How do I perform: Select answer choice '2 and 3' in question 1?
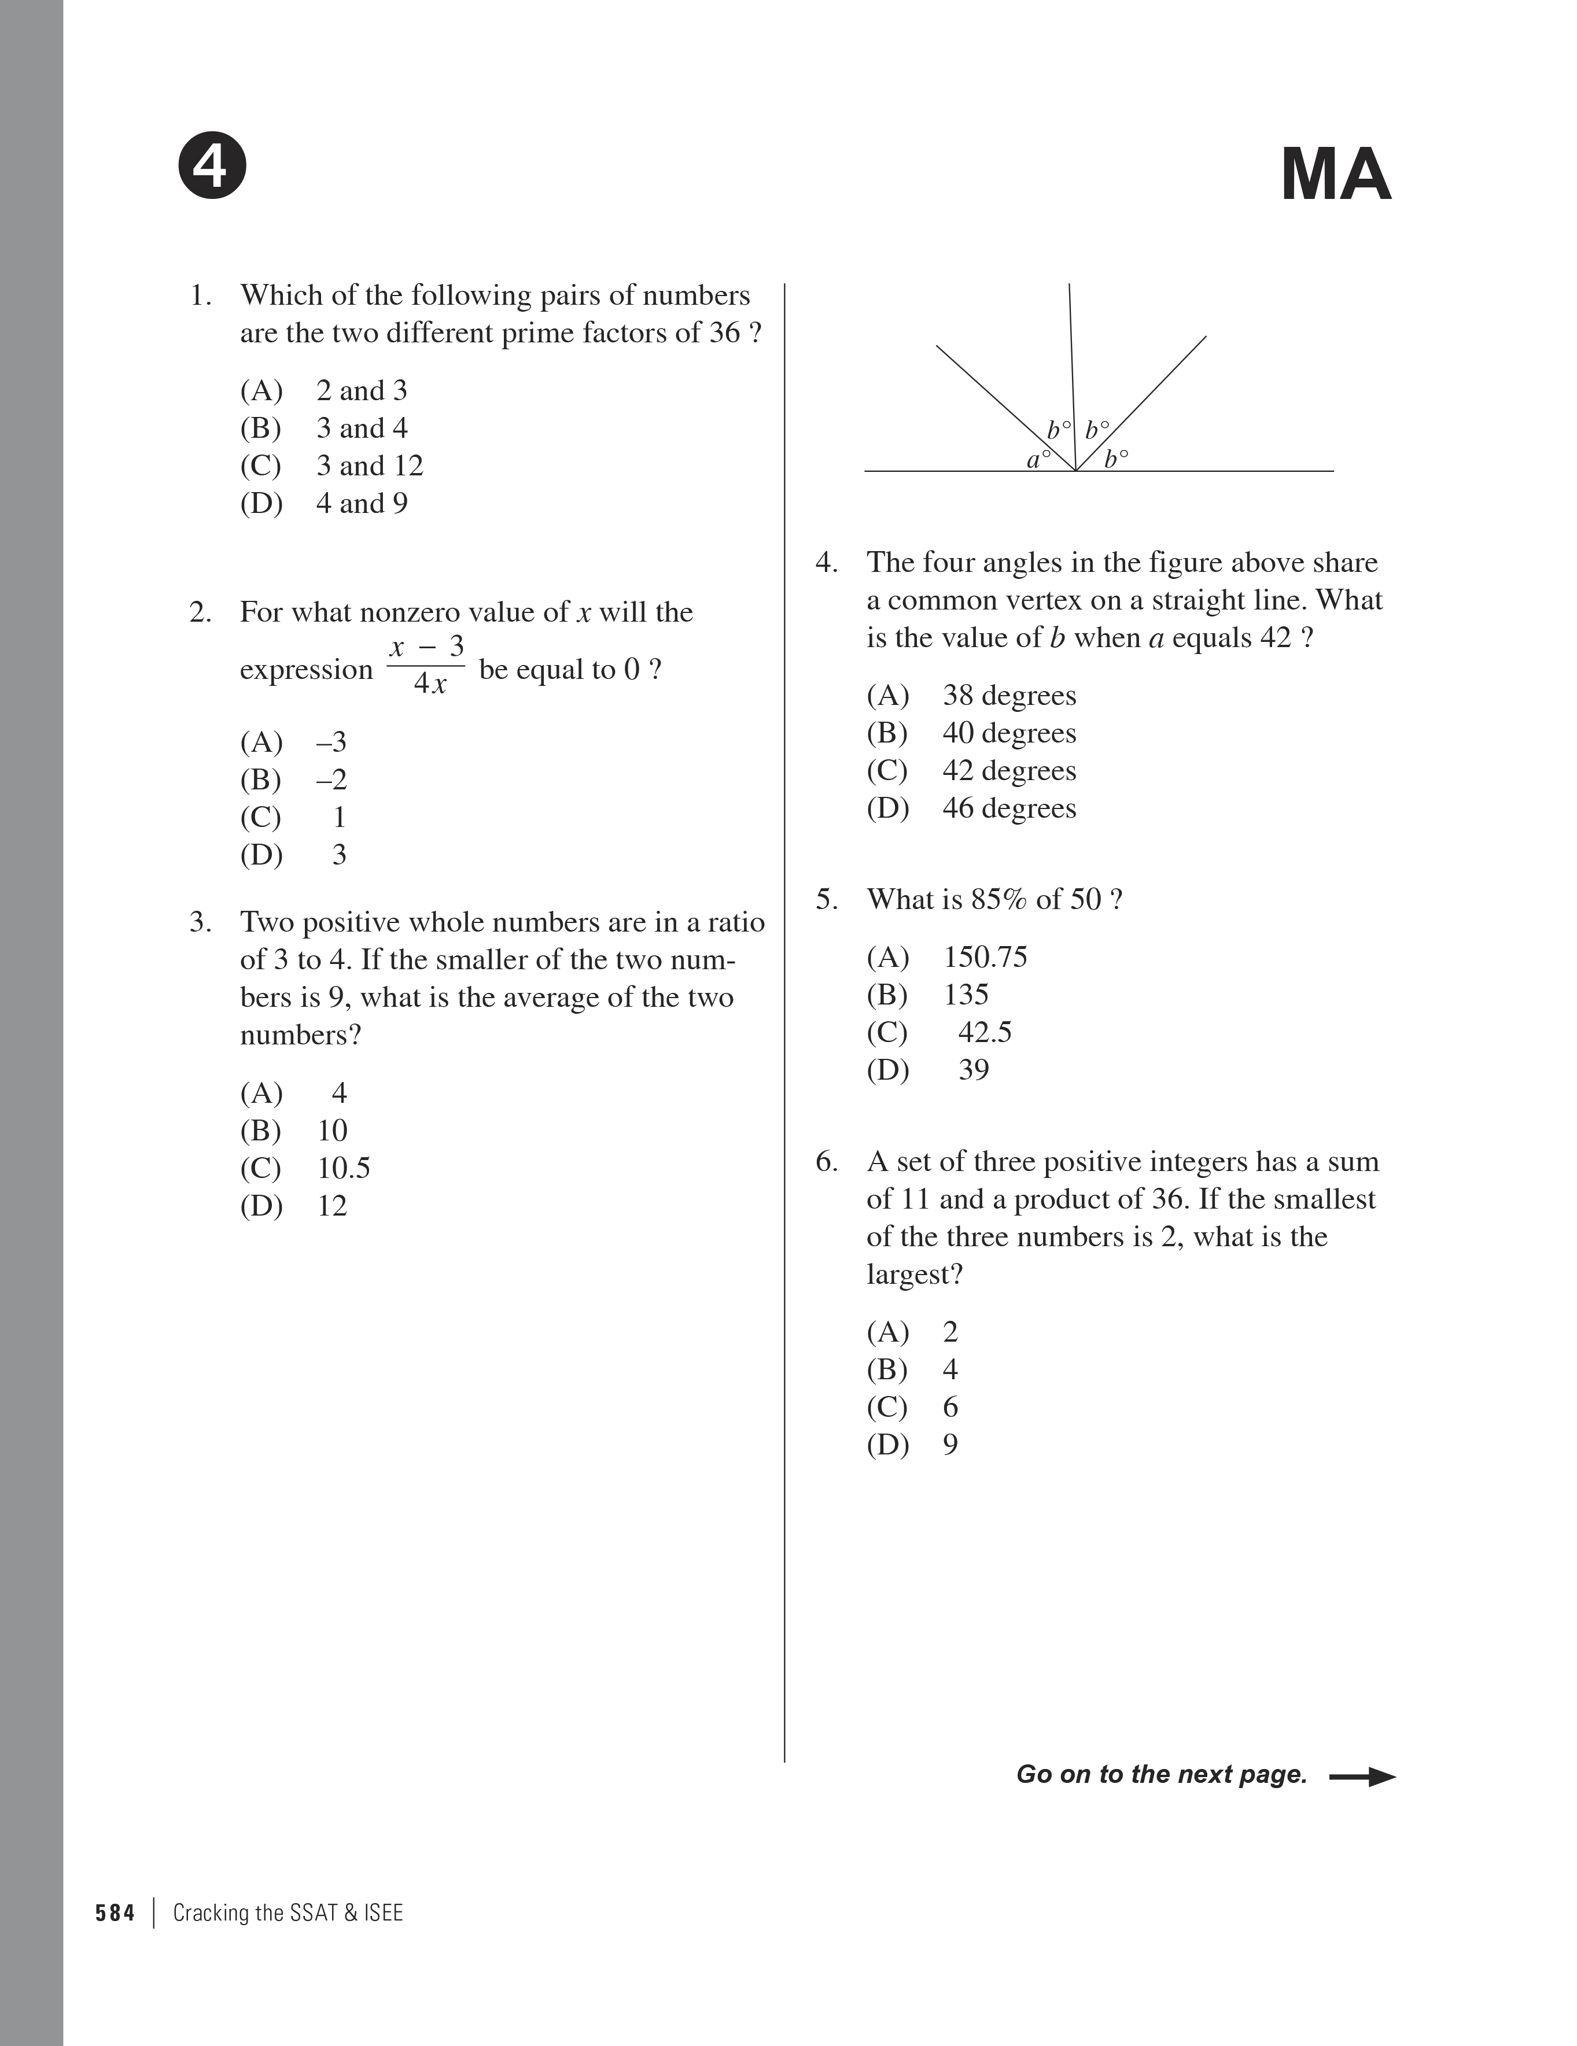point(362,391)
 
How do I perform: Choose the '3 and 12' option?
point(369,466)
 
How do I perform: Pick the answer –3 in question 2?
point(331,742)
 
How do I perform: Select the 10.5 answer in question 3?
point(344,1168)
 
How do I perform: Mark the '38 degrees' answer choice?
point(1009,695)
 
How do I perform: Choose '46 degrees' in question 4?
point(1009,807)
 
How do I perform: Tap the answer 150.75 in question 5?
point(985,956)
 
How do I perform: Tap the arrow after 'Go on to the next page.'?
point(1362,1776)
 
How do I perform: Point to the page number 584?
point(115,1913)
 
